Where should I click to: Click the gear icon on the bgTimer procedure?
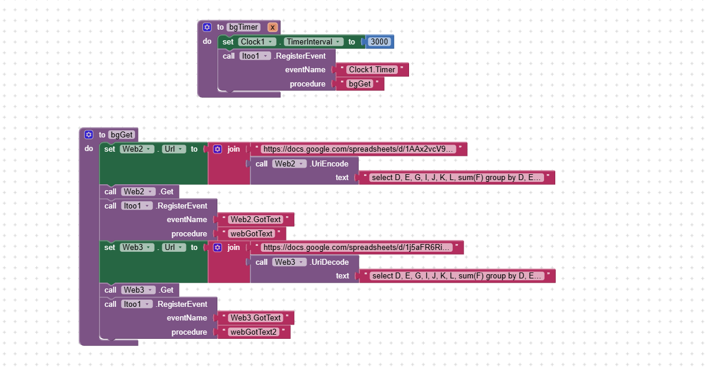[207, 27]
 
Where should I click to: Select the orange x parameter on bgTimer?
[272, 27]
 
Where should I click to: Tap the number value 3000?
[379, 41]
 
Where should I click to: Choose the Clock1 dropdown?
[256, 41]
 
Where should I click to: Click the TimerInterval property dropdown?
[313, 41]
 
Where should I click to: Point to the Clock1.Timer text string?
[372, 70]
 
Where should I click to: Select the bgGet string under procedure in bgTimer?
[359, 84]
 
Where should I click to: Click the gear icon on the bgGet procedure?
[89, 134]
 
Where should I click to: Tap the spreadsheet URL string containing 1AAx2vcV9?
[358, 149]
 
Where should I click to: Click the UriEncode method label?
[329, 163]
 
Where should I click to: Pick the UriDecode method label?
[330, 262]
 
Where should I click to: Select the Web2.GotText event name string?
[256, 219]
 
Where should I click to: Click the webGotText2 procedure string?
[253, 332]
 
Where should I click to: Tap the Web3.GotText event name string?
[256, 318]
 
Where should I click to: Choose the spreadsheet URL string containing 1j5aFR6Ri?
[357, 247]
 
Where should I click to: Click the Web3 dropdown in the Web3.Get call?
[138, 290]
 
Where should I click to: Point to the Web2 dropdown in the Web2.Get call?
[138, 192]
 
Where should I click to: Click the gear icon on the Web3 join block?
[218, 247]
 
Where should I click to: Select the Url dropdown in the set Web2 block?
[173, 149]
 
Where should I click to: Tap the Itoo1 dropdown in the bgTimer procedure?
[255, 56]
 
